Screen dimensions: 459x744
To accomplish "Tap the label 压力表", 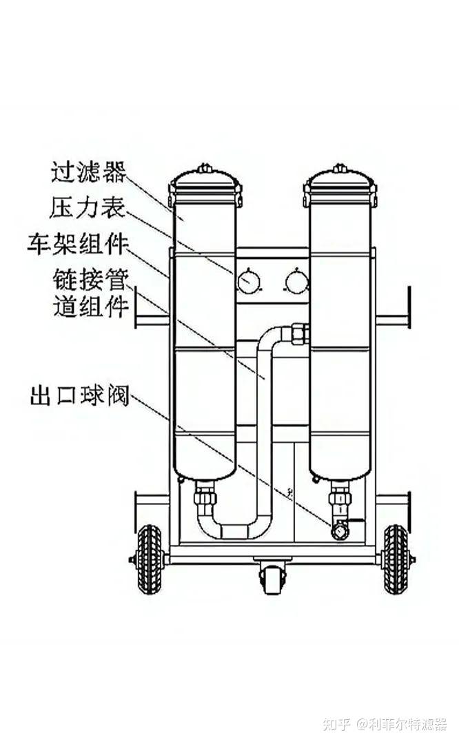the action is [x=88, y=207].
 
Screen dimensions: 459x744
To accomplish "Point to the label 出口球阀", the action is [x=80, y=395].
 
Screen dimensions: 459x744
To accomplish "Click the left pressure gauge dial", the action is [x=249, y=281].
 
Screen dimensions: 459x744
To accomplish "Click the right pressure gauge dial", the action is [x=296, y=281].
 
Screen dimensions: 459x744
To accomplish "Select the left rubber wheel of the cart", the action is [x=150, y=559].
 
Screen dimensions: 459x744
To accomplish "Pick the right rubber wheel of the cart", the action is [x=396, y=559].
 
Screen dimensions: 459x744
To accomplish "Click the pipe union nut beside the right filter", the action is [x=300, y=333].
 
